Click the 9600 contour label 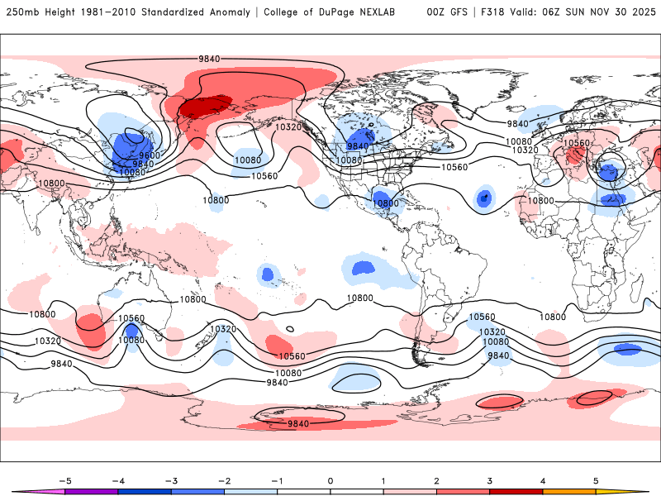coord(149,155)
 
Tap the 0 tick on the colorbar coord(330,479)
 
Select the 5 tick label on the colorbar coord(595,479)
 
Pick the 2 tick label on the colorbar coord(436,479)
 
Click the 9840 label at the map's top coord(208,59)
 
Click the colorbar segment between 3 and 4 coord(516,491)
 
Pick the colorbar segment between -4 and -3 coord(144,491)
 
